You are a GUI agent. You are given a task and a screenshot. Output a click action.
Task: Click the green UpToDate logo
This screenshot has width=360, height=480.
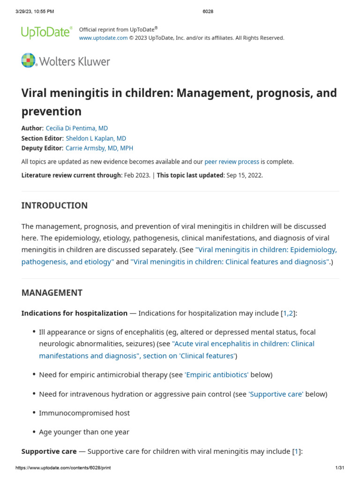(x=46, y=32)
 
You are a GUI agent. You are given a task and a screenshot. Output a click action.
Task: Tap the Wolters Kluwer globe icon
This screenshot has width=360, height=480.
(x=28, y=61)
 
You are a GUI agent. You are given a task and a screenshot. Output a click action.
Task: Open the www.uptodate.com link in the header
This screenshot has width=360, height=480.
(x=103, y=38)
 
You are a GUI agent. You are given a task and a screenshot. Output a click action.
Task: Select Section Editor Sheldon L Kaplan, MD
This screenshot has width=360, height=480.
(x=96, y=138)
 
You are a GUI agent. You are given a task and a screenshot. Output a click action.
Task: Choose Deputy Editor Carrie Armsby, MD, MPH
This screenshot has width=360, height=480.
(x=99, y=148)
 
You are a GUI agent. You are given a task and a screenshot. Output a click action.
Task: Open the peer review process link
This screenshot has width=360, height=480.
(x=232, y=162)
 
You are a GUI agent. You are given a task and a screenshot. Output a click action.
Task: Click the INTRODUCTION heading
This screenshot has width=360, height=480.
(x=54, y=205)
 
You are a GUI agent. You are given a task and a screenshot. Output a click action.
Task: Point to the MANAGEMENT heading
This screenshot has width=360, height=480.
(x=52, y=292)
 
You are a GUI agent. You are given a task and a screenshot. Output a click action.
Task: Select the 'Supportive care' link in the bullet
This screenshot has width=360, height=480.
(x=276, y=394)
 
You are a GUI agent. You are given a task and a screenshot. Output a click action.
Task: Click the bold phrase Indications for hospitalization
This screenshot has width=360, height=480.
(x=74, y=313)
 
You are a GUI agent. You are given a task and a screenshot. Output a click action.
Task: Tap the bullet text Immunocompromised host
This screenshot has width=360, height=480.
(x=84, y=413)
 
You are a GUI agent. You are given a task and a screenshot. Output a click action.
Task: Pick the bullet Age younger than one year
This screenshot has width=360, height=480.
(x=84, y=432)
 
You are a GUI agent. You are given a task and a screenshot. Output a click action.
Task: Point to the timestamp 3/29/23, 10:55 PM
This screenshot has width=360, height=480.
(x=35, y=11)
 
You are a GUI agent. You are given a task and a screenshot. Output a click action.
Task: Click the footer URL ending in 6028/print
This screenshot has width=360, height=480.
(x=63, y=468)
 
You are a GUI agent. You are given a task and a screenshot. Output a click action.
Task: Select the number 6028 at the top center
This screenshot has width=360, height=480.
(x=208, y=11)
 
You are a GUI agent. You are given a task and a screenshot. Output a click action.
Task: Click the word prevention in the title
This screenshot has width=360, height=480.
(x=52, y=111)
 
